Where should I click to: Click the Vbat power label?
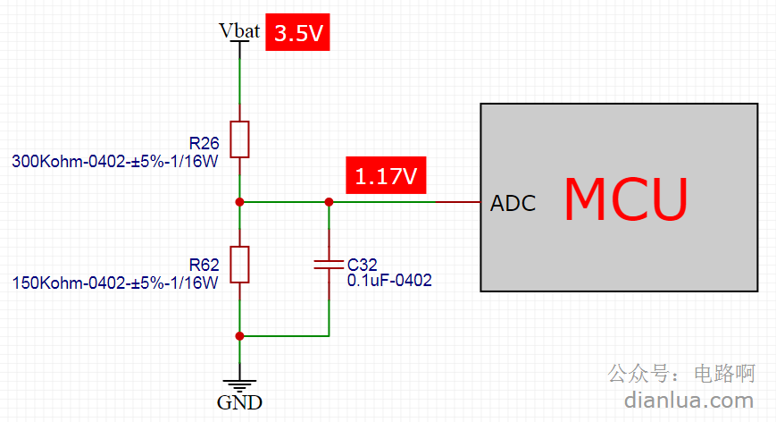point(239,30)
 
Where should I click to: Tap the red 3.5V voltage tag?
point(297,32)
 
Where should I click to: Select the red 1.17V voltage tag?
point(386,175)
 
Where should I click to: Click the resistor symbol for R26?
point(239,139)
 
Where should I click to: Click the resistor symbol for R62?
point(239,265)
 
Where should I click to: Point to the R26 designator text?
point(204,143)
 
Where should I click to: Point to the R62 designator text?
point(204,265)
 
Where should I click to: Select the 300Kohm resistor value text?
point(115,162)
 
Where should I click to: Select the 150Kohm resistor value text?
point(115,283)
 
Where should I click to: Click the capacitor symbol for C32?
point(329,265)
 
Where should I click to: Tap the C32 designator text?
point(363,265)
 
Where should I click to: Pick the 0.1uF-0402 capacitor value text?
point(389,281)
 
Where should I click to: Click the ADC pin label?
point(513,203)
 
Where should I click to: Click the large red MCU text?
point(626,199)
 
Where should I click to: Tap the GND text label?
point(239,402)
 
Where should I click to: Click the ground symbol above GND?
point(239,385)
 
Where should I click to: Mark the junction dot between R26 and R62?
point(239,202)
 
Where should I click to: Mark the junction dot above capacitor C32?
point(329,202)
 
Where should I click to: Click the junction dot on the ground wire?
point(239,336)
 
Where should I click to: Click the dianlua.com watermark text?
point(688,401)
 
